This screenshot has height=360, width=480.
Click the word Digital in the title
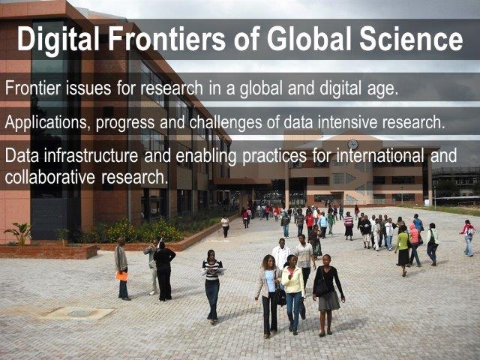tap(58, 40)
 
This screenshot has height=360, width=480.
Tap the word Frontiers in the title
tap(167, 39)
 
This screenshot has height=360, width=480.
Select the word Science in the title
tap(411, 39)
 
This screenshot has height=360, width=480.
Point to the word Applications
tap(47, 122)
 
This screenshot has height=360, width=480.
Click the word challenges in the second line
tap(225, 123)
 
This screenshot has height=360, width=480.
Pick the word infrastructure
tap(91, 155)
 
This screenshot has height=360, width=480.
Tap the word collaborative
tap(50, 177)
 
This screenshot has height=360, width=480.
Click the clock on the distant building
tap(352, 144)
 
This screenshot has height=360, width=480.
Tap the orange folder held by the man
tap(121, 276)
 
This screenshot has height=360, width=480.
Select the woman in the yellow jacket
tap(293, 294)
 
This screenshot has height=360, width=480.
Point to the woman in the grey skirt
tap(327, 295)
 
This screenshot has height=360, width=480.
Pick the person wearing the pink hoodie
tap(415, 244)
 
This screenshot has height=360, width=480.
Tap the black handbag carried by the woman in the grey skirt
tap(320, 286)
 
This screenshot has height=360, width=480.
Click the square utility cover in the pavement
tap(79, 313)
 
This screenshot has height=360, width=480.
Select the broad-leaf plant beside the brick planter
tap(19, 233)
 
